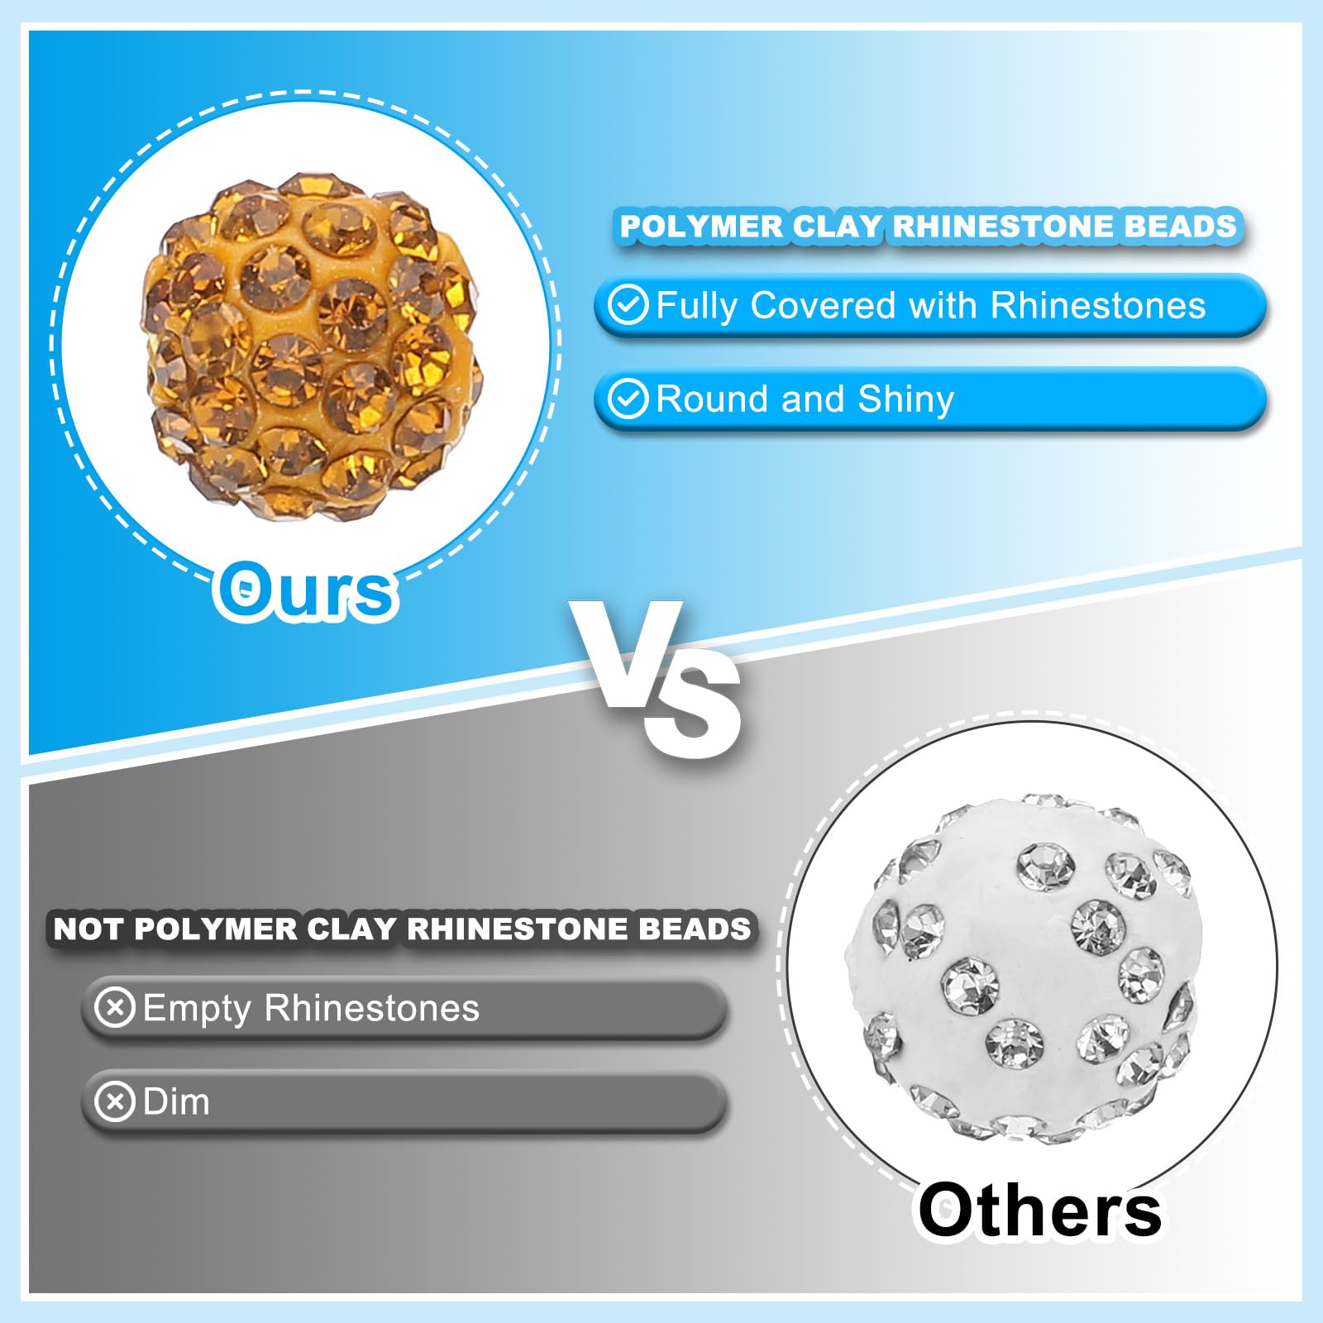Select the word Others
point(1040,1210)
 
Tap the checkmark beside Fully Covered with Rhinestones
point(628,305)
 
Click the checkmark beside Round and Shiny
point(628,399)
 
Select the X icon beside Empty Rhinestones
point(115,1008)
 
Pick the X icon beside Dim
point(115,1101)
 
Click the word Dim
point(176,1101)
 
